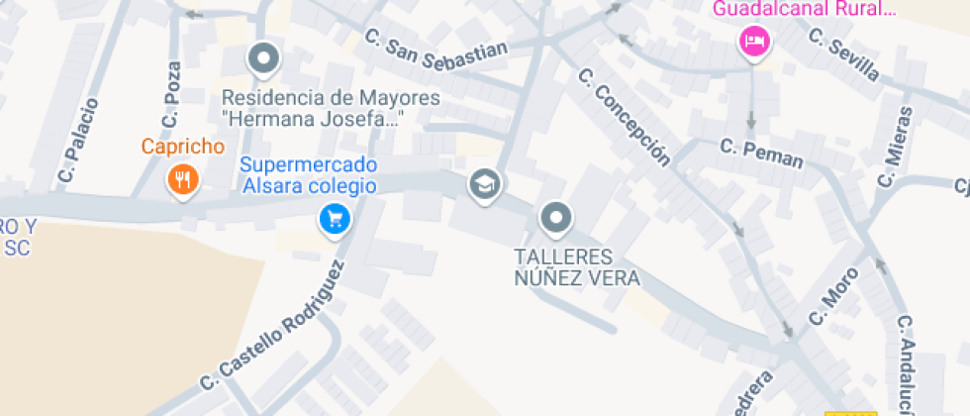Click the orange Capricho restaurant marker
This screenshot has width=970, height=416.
pyautogui.click(x=183, y=180)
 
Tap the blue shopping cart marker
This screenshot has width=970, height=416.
pyautogui.click(x=335, y=219)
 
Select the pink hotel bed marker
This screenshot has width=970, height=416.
pyautogui.click(x=755, y=43)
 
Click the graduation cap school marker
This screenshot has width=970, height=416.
pyautogui.click(x=484, y=184)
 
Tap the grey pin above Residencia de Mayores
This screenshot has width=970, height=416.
pyautogui.click(x=263, y=58)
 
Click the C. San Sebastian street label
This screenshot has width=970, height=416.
pyautogui.click(x=436, y=52)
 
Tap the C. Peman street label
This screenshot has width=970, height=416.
pyautogui.click(x=761, y=154)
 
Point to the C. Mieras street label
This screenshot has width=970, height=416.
pyautogui.click(x=894, y=147)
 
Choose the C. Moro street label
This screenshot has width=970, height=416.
pyautogui.click(x=832, y=294)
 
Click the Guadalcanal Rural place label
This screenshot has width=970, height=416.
pyautogui.click(x=804, y=10)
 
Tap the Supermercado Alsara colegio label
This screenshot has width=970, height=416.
pyautogui.click(x=308, y=174)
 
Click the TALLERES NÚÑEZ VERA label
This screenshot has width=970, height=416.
pyautogui.click(x=577, y=267)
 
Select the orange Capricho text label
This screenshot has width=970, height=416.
pyautogui.click(x=183, y=148)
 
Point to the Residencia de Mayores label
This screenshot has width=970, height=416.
pyautogui.click(x=331, y=109)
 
